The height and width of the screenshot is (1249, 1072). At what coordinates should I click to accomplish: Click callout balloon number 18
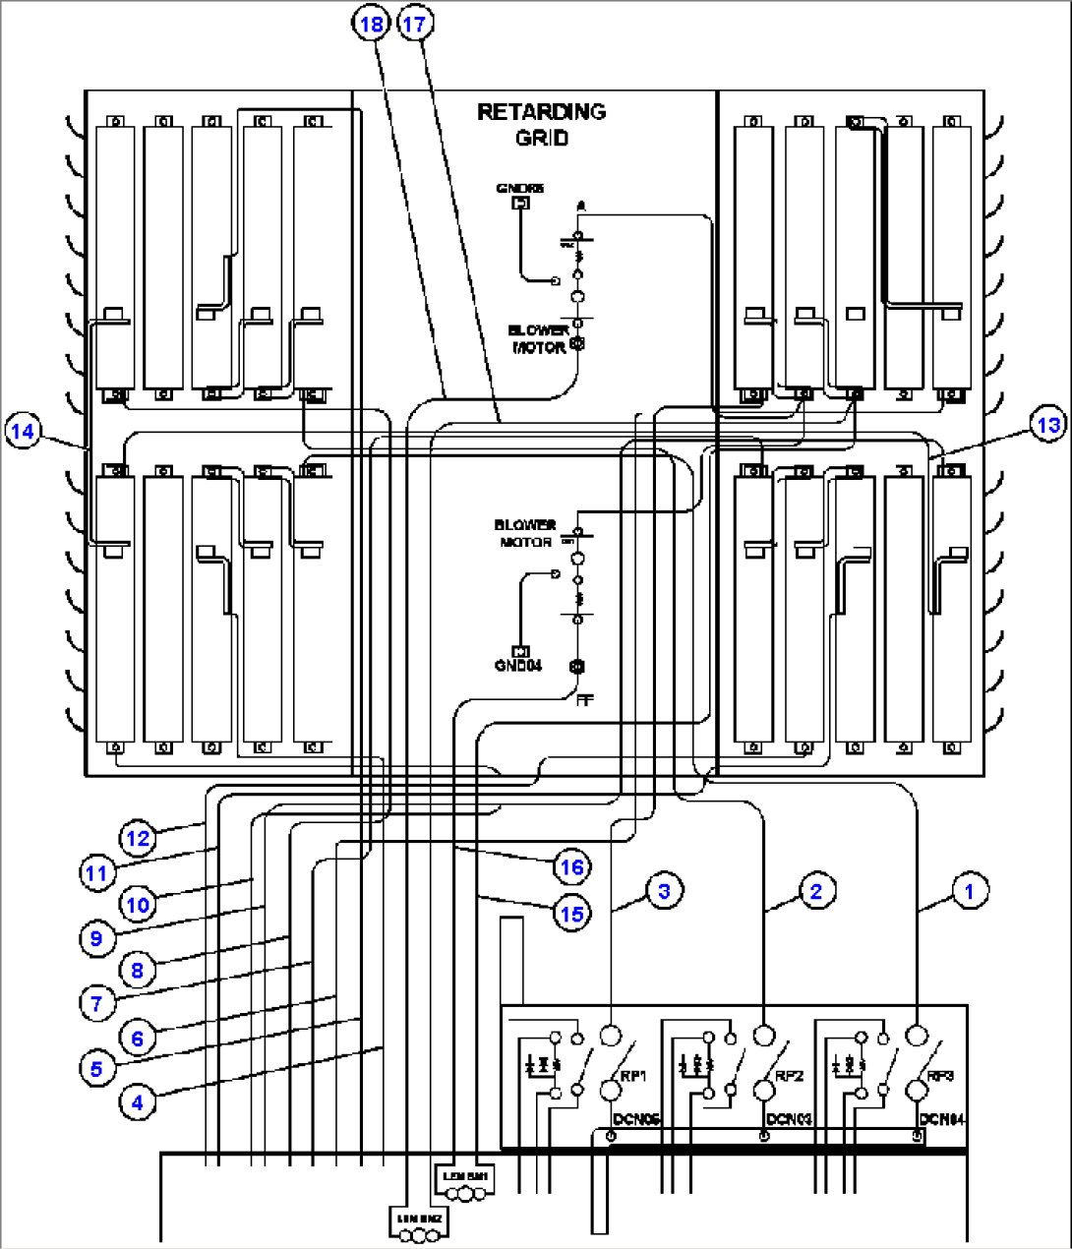point(372,23)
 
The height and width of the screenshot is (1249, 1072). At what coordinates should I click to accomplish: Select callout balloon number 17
point(416,23)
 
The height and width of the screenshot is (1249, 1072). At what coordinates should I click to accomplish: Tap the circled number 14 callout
point(23,431)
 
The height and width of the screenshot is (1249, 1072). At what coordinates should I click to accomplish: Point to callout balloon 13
point(1049,424)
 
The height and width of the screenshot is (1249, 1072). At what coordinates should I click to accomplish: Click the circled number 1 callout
point(970,891)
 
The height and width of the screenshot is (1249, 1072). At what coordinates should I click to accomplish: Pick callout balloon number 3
point(665,891)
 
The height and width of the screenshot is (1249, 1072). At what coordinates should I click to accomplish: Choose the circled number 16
point(571,866)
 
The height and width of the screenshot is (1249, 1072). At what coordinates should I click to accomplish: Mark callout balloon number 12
point(139,838)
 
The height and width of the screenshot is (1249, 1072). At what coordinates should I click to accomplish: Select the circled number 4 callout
point(138,1102)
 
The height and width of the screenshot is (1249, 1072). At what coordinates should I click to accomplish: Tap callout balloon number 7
point(96,1003)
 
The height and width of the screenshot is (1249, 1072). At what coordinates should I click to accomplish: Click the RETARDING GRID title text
point(541,124)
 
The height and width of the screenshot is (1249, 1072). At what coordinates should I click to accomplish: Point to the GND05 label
point(519,188)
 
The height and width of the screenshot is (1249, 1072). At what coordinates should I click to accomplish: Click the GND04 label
point(517,666)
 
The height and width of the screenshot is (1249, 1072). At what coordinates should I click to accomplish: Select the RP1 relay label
point(633,1076)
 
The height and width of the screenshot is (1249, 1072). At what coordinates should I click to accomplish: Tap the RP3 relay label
point(940,1076)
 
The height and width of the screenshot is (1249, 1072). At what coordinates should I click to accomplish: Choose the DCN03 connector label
point(789,1119)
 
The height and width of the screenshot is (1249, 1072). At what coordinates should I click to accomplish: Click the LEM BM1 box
point(464,1176)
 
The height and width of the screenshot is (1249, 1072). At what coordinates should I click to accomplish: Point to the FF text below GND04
point(584,700)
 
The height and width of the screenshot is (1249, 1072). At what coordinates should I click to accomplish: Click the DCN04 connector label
point(942,1119)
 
